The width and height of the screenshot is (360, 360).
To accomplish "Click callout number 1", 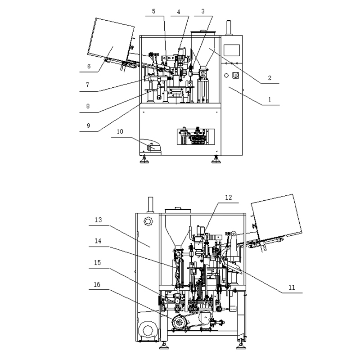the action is click(270, 99).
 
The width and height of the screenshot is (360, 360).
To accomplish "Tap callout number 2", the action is click(270, 78).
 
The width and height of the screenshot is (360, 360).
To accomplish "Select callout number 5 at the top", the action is click(153, 11).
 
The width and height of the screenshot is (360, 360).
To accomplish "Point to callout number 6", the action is click(89, 66).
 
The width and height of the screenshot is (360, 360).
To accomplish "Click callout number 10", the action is click(120, 131).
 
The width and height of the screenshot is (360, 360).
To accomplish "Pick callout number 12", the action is click(229, 198).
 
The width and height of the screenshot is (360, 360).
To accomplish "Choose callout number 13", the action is click(98, 220).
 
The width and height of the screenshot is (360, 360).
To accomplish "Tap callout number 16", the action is click(97, 285).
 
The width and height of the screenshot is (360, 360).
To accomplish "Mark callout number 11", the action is click(292, 288).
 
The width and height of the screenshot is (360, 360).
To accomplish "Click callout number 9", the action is click(88, 126).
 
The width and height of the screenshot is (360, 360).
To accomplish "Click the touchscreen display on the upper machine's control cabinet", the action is click(231, 50).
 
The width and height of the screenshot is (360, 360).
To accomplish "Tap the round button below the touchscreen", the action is click(226, 75).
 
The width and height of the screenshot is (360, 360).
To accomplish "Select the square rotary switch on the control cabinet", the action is click(236, 75).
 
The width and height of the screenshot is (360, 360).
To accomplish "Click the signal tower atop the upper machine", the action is click(229, 28).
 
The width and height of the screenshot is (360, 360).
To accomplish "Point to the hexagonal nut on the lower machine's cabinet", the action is click(148, 221).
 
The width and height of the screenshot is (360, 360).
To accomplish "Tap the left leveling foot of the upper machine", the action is click(144, 159).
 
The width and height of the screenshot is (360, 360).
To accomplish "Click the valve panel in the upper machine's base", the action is click(196, 137).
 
